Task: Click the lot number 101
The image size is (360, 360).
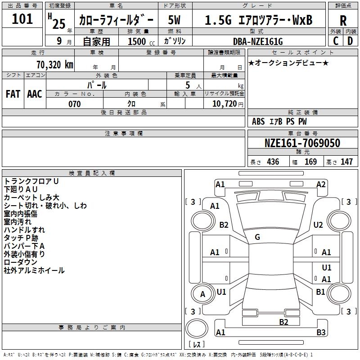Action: pyautogui.click(x=22, y=19)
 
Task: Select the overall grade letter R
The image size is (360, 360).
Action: pyautogui.click(x=343, y=21)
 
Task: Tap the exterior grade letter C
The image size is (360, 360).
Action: pyautogui.click(x=336, y=41)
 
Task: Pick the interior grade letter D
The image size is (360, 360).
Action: pyautogui.click(x=350, y=41)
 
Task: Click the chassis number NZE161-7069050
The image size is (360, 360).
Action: pyautogui.click(x=302, y=143)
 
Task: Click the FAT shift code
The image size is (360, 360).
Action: pyautogui.click(x=13, y=94)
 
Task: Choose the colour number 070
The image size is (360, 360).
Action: pyautogui.click(x=74, y=104)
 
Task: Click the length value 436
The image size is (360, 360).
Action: pyautogui.click(x=272, y=162)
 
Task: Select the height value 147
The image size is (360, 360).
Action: pyautogui.click(x=346, y=162)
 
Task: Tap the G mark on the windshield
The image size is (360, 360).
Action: pyautogui.click(x=257, y=237)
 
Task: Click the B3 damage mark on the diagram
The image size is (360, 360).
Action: pyautogui.click(x=320, y=333)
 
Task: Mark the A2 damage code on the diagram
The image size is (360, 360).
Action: pyautogui.click(x=320, y=184)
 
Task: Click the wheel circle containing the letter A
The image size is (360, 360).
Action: pyautogui.click(x=202, y=294)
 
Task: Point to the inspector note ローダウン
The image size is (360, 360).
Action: pyautogui.click(x=21, y=262)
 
